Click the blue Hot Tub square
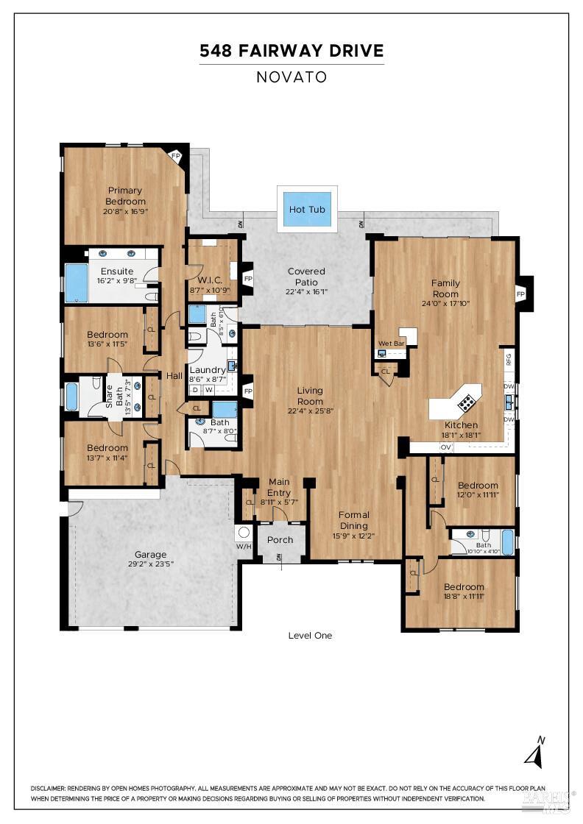[x=307, y=209]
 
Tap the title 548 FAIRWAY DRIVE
[x=291, y=51]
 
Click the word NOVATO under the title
[x=291, y=77]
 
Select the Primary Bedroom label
[x=125, y=196]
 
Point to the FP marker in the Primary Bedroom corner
[x=175, y=156]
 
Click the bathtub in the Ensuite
[x=77, y=283]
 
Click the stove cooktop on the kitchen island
[x=467, y=402]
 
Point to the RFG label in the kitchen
[x=508, y=359]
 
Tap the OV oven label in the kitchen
[x=445, y=447]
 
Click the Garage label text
[x=150, y=555]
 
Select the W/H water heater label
[x=244, y=546]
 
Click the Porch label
[x=280, y=539]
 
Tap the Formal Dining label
[x=353, y=515]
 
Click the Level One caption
[x=310, y=635]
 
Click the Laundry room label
[x=207, y=370]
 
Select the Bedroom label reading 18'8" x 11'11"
[x=464, y=586]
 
